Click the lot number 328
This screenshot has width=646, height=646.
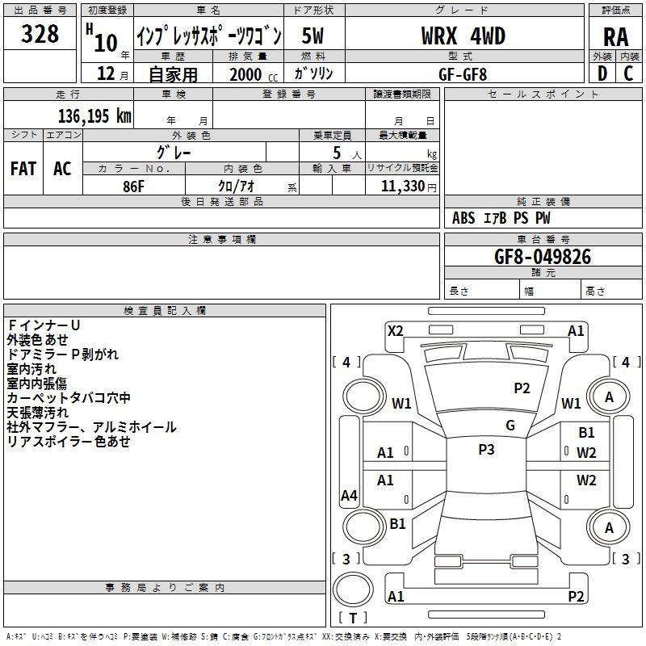[40, 34]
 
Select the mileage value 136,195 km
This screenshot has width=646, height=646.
[94, 116]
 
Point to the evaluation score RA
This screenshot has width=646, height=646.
[615, 36]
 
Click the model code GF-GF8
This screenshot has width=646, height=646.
[464, 73]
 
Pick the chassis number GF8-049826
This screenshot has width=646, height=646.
[543, 257]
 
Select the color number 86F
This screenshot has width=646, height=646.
[133, 185]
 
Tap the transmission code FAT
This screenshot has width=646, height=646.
[23, 169]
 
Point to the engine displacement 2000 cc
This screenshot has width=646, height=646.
[252, 74]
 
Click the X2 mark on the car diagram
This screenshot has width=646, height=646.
[396, 330]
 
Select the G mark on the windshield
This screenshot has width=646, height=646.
[510, 426]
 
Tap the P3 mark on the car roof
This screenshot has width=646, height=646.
[486, 450]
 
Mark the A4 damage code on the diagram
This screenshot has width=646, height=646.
[349, 496]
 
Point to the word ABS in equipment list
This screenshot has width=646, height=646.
[464, 218]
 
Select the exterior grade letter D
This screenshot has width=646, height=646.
[602, 73]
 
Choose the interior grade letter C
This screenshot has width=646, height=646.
[628, 73]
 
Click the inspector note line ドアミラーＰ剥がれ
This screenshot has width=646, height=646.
[63, 354]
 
